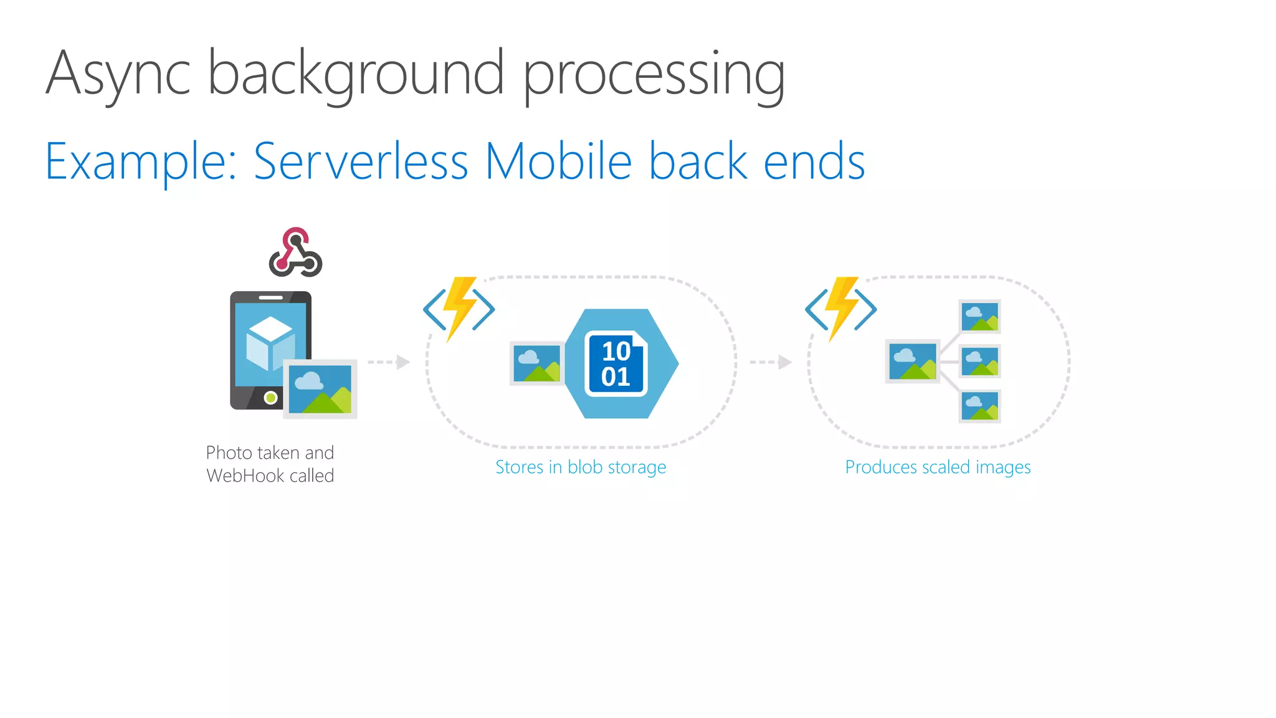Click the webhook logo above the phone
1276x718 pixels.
click(x=295, y=252)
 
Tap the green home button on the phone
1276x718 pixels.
click(x=270, y=397)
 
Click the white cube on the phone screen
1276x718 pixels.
click(x=269, y=343)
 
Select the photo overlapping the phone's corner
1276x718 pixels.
click(x=320, y=389)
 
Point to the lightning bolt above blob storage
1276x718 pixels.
click(x=460, y=308)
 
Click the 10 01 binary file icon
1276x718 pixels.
click(x=616, y=364)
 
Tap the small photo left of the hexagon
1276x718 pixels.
click(x=536, y=363)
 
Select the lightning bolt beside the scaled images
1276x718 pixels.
click(x=842, y=308)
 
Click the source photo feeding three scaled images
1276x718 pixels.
click(x=912, y=361)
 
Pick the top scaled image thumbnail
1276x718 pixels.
click(x=979, y=317)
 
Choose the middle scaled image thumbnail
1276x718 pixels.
click(x=979, y=361)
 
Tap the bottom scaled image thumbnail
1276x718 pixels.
click(x=979, y=406)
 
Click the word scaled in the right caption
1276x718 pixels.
click(x=947, y=467)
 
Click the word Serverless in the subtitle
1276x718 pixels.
click(x=361, y=161)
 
